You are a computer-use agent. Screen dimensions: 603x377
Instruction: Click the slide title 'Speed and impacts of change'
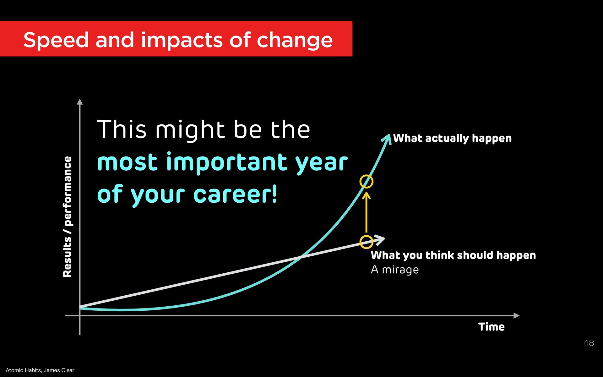tap(178, 40)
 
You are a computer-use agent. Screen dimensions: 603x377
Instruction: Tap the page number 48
tap(589, 343)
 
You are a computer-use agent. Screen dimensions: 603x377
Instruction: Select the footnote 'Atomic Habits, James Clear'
tap(40, 370)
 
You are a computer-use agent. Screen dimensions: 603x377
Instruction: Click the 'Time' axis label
tap(492, 327)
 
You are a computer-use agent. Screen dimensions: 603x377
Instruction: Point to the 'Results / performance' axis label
tap(67, 217)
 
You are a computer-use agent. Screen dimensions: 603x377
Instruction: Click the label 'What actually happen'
tap(452, 138)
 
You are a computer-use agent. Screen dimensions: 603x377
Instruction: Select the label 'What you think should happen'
tap(453, 255)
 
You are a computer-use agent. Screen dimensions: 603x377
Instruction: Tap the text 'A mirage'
tap(395, 270)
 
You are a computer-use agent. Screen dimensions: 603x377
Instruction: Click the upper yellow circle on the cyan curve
tap(366, 175)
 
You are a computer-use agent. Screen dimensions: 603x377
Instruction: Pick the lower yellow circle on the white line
tap(366, 235)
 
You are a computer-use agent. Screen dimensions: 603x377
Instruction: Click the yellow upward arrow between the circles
tap(366, 212)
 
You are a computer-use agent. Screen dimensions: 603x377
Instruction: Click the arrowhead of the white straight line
tap(380, 240)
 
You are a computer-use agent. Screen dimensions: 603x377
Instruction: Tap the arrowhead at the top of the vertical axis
tap(80, 102)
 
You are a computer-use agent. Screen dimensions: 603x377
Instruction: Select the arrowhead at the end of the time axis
tap(516, 315)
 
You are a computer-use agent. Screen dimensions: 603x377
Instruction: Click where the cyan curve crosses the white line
tap(301, 258)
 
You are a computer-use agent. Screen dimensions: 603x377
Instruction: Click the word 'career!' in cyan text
tap(235, 194)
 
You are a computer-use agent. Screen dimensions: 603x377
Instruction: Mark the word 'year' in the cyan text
tap(322, 164)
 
